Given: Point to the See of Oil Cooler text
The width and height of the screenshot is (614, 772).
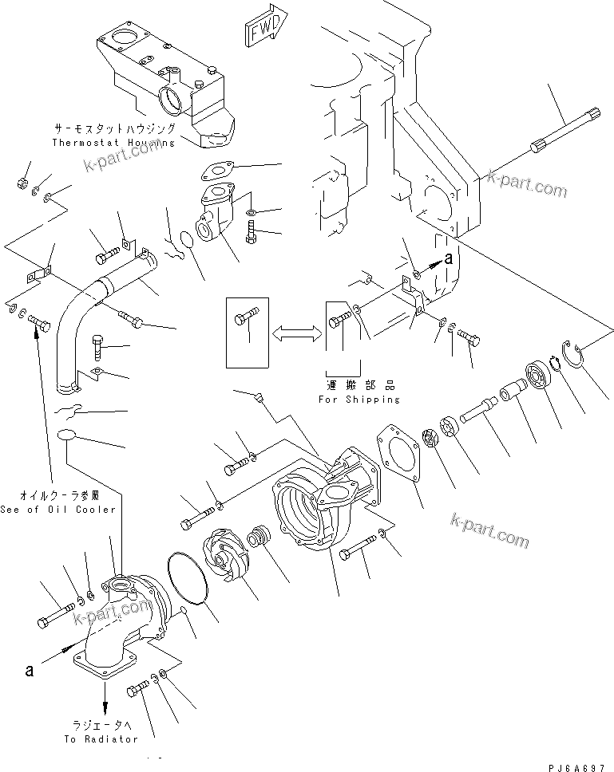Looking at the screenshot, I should tap(57, 509).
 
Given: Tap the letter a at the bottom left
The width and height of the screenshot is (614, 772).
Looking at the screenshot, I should tap(30, 671).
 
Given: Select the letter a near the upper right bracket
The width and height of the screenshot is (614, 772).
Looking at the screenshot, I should tap(449, 258).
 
